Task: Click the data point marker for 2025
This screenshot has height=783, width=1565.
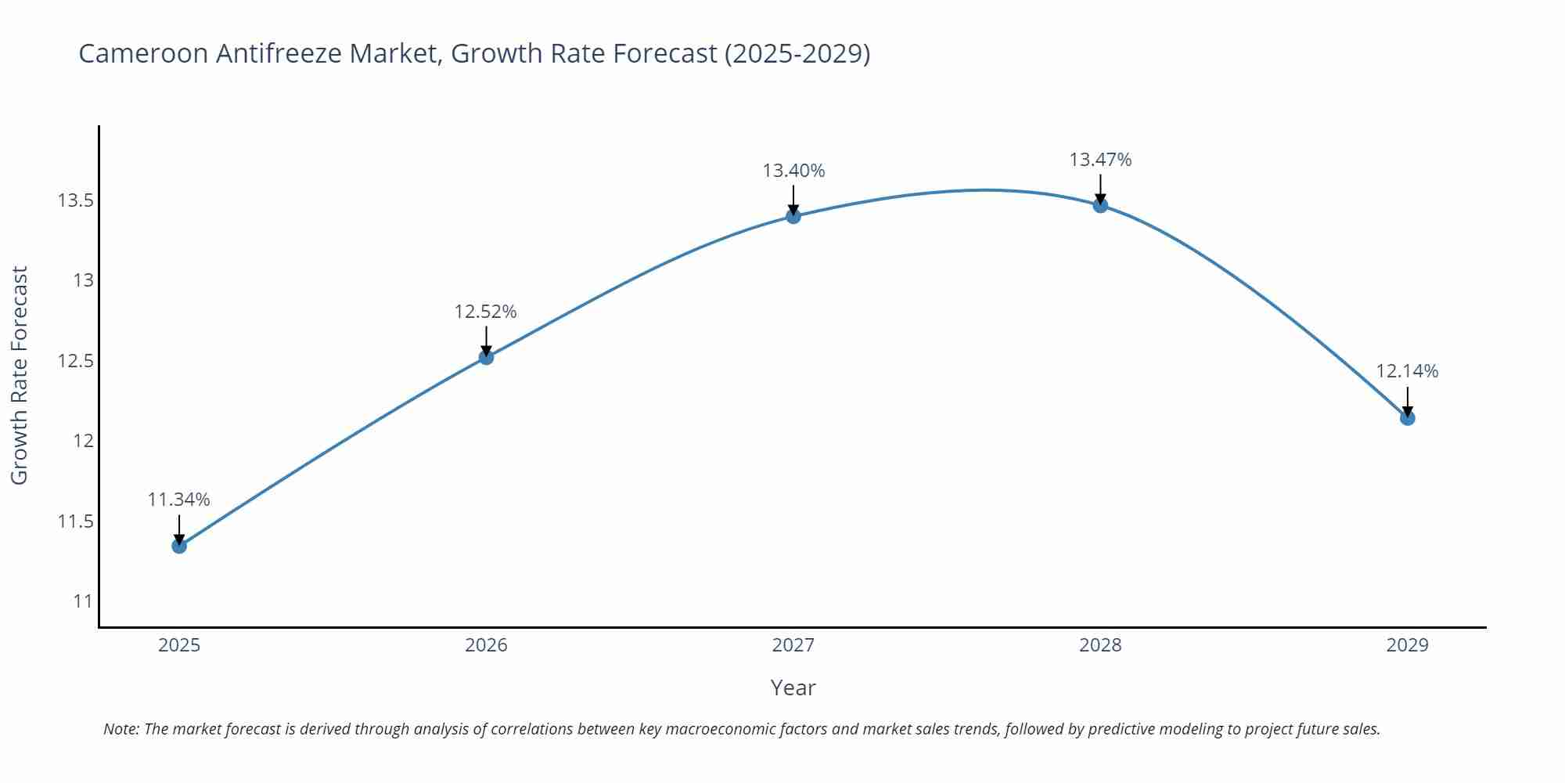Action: [179, 546]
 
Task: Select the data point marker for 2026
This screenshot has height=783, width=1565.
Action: [486, 357]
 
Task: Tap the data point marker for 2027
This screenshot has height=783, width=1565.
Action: [793, 216]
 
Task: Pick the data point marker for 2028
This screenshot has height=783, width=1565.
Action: [1100, 205]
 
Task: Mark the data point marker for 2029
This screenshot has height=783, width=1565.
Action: [1407, 418]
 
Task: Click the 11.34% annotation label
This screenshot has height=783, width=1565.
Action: [179, 500]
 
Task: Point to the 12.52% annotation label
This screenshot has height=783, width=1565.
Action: [486, 312]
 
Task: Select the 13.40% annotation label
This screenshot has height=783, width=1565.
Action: [793, 171]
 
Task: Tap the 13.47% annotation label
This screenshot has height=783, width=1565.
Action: [1100, 160]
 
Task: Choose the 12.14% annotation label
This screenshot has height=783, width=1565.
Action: [1407, 371]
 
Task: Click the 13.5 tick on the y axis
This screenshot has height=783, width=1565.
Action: [75, 200]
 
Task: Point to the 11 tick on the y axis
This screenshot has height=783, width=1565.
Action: [83, 601]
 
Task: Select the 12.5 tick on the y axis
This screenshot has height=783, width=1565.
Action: [75, 361]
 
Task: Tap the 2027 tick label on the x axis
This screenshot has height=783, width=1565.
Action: [793, 645]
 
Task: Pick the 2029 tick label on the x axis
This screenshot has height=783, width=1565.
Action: [1407, 645]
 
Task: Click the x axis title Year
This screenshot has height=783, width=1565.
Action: [793, 687]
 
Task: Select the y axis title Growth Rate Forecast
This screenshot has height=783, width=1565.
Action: [20, 375]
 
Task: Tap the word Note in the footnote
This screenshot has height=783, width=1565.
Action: [121, 729]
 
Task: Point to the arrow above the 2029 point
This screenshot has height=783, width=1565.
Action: [1407, 401]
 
